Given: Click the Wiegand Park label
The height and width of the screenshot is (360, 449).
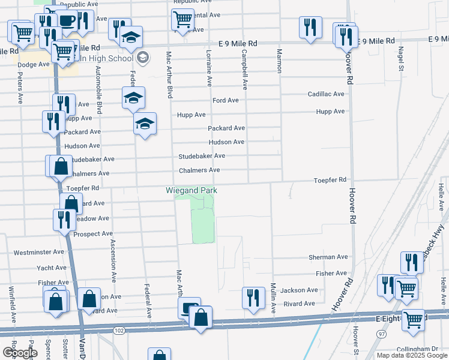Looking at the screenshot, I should tap(191, 191).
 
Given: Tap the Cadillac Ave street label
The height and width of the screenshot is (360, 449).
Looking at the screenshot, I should tap(326, 94).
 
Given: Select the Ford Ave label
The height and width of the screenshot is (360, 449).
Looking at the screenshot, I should tap(226, 100).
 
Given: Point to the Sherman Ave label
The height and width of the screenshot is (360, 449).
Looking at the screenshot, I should tap(328, 257).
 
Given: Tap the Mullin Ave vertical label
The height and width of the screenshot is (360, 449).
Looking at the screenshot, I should tap(273, 299).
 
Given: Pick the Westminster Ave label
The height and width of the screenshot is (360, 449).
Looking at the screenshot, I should tap(38, 252).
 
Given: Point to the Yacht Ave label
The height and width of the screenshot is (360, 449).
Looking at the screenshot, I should tap(52, 268).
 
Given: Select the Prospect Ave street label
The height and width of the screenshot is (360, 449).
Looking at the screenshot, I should tap(93, 233).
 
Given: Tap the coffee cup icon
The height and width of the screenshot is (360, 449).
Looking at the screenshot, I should tap(68, 21).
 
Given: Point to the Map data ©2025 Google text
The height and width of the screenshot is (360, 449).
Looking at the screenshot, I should tap(412, 355).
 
